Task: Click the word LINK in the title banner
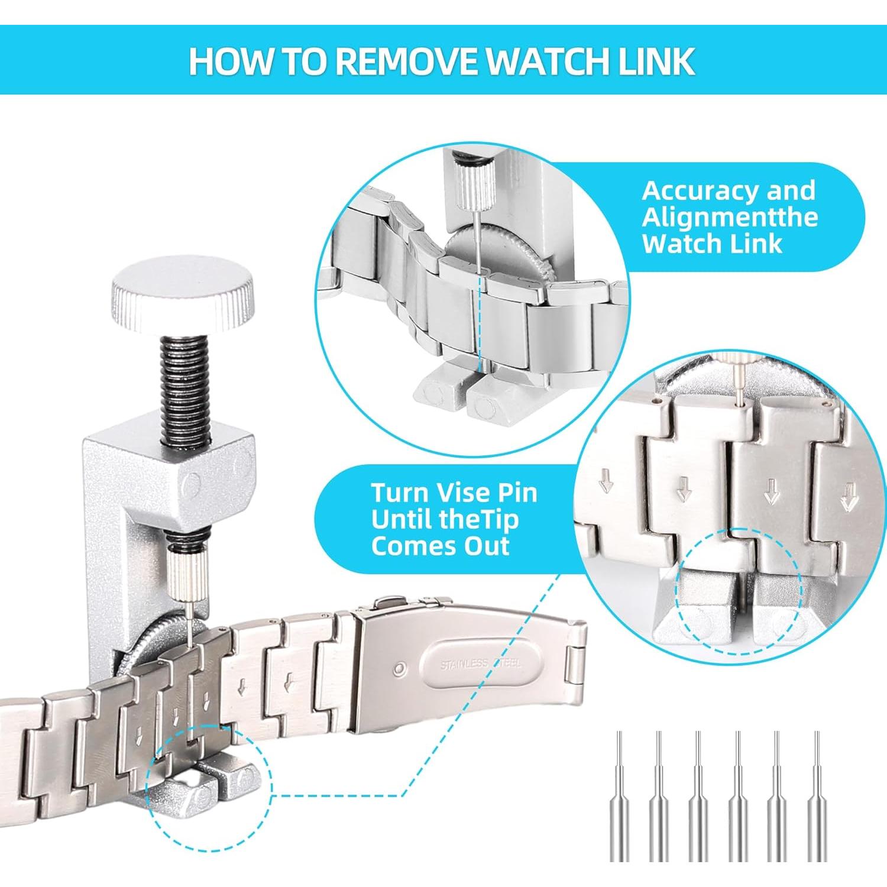point(656,61)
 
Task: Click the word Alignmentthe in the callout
point(730,217)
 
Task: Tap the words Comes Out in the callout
point(440,545)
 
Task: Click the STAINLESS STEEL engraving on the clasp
point(480,664)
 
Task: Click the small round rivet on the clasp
point(401,669)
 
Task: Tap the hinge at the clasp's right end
point(574,668)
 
